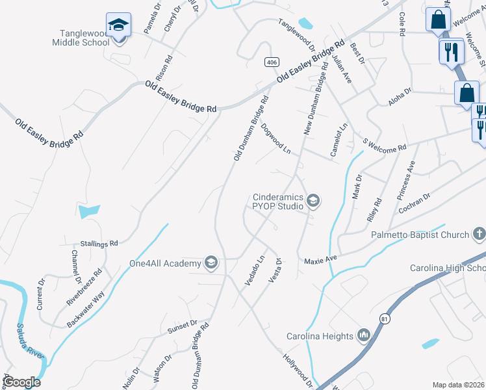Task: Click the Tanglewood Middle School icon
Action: pyautogui.click(x=118, y=25)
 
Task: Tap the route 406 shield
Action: pyautogui.click(x=272, y=61)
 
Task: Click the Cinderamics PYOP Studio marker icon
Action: pyautogui.click(x=313, y=200)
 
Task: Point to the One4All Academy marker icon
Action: pyautogui.click(x=211, y=263)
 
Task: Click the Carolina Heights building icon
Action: pyautogui.click(x=363, y=335)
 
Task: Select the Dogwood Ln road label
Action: pyautogui.click(x=275, y=139)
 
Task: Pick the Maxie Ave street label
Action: pyautogui.click(x=321, y=260)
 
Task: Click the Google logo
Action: pyautogui.click(x=22, y=382)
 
